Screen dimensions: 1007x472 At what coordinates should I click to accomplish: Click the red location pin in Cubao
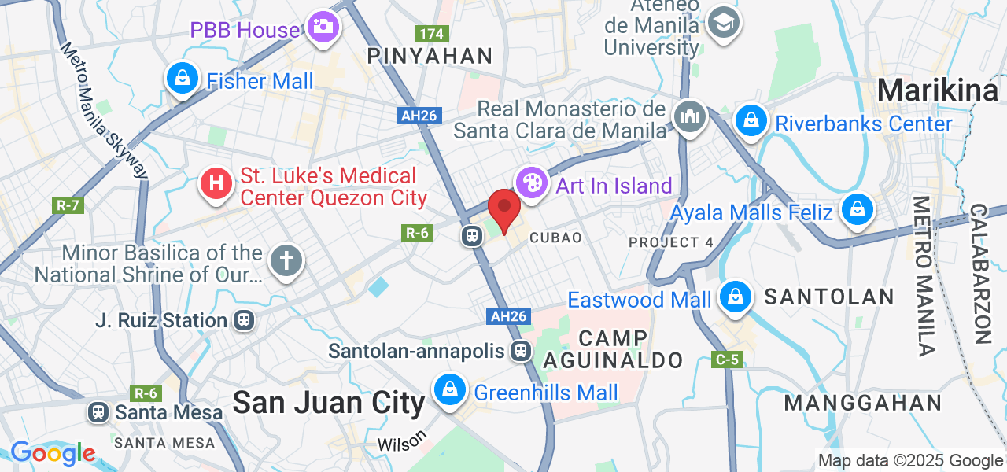coord(503,209)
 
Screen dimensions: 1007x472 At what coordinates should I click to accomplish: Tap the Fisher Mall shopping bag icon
coord(183,79)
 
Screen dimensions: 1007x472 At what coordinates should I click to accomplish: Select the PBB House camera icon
coord(322,28)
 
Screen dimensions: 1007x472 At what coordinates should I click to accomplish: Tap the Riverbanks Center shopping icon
coord(751,121)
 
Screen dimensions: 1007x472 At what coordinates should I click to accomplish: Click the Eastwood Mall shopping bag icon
coord(734,297)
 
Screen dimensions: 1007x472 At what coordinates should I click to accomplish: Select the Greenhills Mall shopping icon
coord(448,389)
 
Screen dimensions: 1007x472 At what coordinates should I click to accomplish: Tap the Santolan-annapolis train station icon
coord(519,351)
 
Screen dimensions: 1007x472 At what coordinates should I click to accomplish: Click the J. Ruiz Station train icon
coord(244,320)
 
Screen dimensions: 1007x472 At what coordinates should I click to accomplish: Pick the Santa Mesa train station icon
coord(98,411)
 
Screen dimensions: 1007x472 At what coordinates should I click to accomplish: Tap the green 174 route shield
coord(432,34)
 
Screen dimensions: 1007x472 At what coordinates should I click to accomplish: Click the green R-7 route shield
coord(68,205)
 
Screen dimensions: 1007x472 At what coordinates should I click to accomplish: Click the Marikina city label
coord(937,90)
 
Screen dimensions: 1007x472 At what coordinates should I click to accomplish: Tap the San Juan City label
coord(328,403)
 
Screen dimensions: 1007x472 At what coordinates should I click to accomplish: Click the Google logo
coord(53,453)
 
